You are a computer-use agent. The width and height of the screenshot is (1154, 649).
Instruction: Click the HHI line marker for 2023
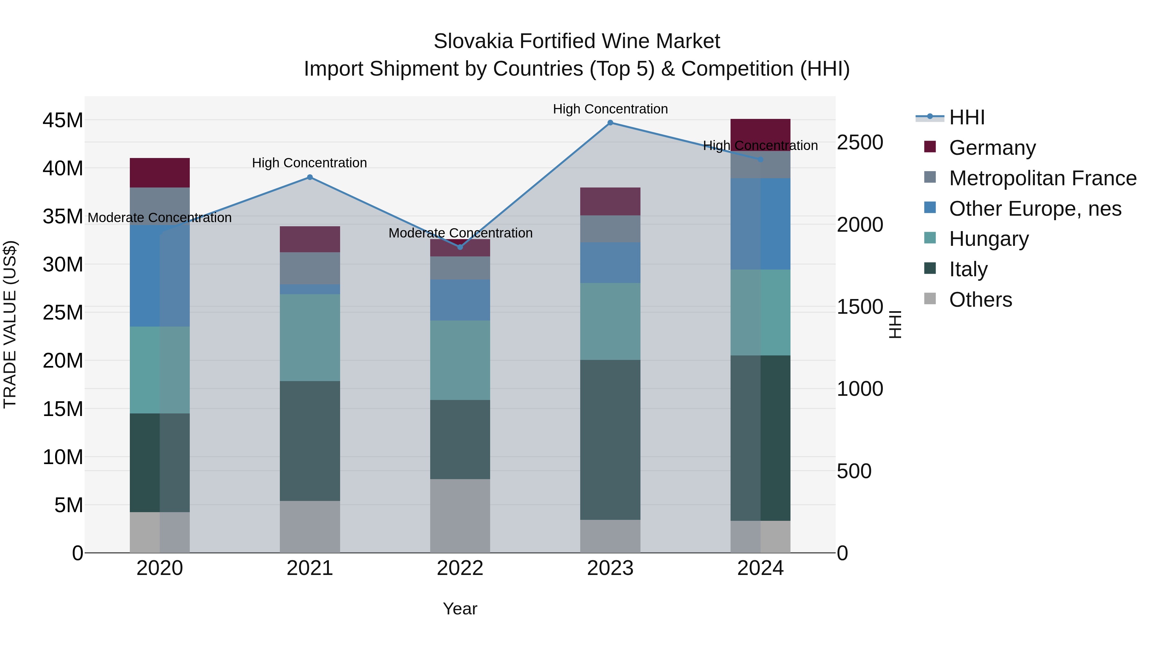[610, 123]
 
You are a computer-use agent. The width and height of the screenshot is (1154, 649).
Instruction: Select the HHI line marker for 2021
[310, 177]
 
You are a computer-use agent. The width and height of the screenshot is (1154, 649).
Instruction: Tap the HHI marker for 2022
[460, 247]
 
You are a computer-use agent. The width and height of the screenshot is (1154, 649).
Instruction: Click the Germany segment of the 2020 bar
[160, 173]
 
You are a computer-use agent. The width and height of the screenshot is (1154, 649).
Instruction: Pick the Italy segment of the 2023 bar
[610, 440]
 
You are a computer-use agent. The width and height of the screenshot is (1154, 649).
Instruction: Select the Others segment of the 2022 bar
[460, 516]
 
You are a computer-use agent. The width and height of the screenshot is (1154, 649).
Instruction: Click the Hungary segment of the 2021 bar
[310, 338]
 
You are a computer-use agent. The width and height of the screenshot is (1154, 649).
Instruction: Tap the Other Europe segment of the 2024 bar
[760, 224]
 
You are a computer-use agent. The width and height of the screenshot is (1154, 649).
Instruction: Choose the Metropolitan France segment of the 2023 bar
[610, 229]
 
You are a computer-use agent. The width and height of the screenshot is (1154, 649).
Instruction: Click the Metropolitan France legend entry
[1042, 178]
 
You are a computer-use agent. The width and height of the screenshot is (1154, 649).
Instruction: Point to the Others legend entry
[980, 300]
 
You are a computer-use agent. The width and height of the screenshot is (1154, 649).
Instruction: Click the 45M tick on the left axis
[63, 121]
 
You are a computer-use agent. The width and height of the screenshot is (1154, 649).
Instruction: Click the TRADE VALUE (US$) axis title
[10, 324]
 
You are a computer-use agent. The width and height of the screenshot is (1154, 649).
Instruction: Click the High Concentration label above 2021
[310, 162]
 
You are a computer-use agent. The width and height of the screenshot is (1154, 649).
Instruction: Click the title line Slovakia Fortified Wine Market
[577, 41]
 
